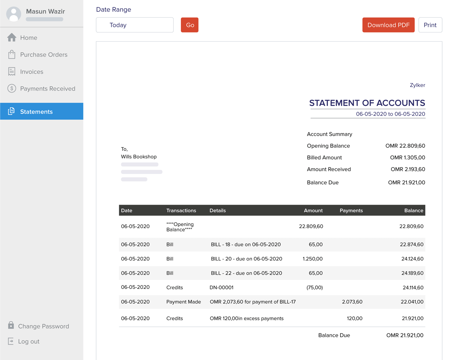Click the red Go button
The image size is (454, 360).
point(190,25)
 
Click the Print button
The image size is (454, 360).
point(430,25)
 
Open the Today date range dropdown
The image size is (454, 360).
point(135,25)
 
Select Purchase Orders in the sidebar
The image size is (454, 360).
point(44,54)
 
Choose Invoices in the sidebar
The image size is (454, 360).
point(31,71)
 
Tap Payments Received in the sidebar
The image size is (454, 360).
point(47,88)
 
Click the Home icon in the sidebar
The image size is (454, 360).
point(12,37)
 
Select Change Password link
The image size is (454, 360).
point(43,326)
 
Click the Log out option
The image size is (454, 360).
point(28,341)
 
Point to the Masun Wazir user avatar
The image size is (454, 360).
point(14,14)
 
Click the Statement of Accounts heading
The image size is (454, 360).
point(367,103)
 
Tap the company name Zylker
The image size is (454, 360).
point(417,85)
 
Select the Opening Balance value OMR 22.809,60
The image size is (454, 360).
point(405,146)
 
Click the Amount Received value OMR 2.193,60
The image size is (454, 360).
point(408,169)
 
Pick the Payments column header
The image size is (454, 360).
point(351,210)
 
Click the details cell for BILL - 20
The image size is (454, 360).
point(246,259)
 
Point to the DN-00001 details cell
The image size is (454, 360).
point(221,287)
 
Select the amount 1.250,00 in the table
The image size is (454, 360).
point(313,259)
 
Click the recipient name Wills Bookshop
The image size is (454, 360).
point(139,157)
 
